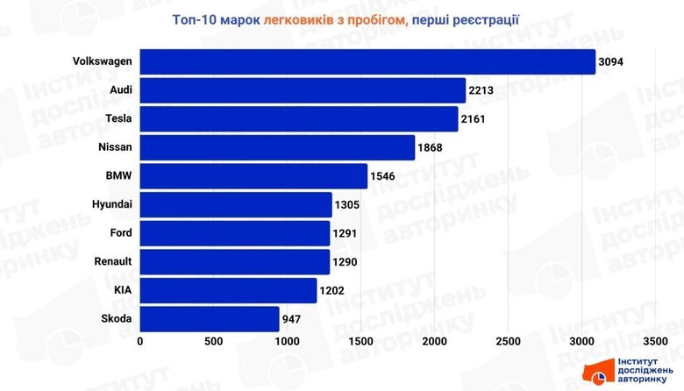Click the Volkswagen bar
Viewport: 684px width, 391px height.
pos(367,62)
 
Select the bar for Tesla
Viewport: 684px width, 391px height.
pos(299,119)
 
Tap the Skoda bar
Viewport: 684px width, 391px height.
pos(210,318)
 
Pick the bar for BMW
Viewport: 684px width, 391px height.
pos(253,176)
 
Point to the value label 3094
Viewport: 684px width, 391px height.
pos(612,62)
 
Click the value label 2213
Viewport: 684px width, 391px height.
pos(482,90)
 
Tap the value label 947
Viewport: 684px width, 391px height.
pos(292,318)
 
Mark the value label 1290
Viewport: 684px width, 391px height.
pos(346,261)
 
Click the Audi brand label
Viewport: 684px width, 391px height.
pos(121,90)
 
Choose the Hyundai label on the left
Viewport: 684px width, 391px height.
pos(112,204)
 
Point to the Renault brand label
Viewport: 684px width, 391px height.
pos(112,261)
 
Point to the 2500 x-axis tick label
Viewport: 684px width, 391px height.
pos(508,341)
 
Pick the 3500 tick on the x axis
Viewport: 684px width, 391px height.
pos(655,341)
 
